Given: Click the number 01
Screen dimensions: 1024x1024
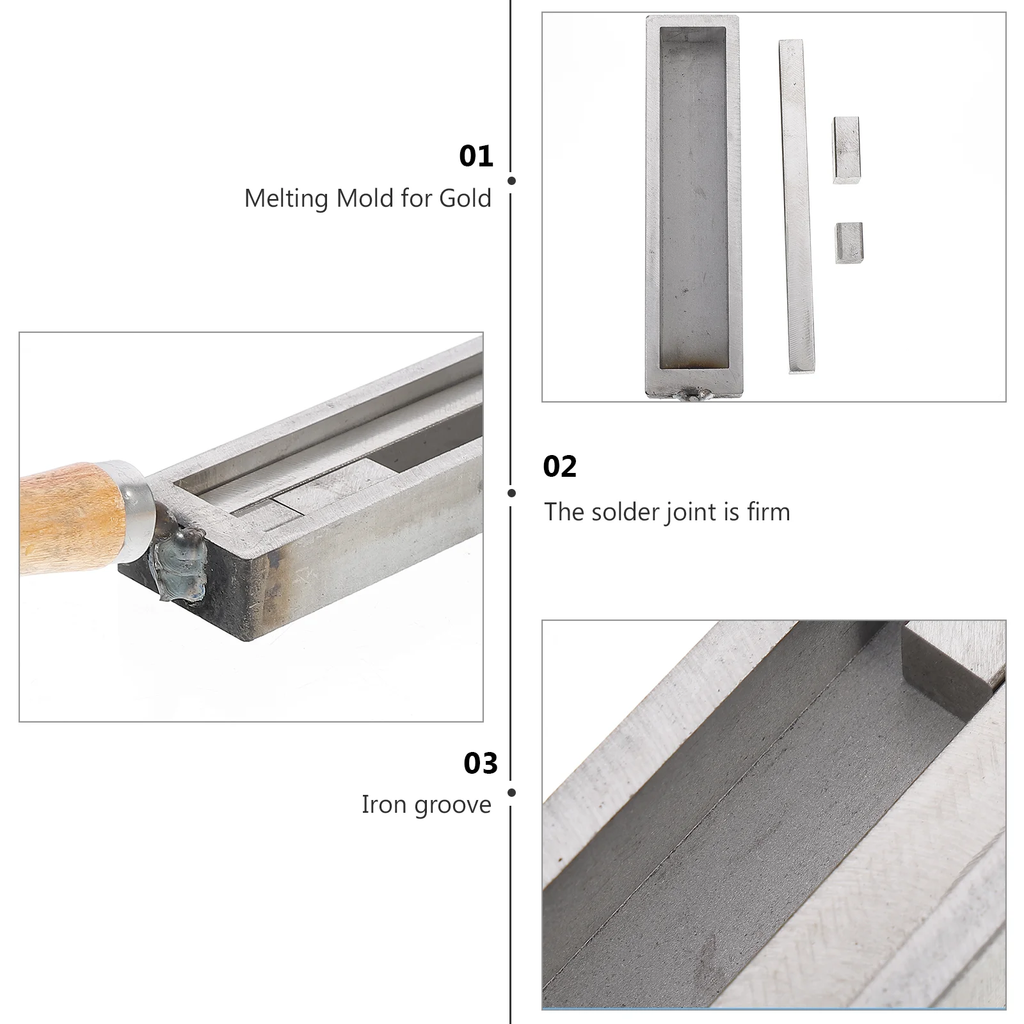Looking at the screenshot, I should click(476, 156).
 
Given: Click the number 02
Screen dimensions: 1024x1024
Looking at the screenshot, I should click(559, 467).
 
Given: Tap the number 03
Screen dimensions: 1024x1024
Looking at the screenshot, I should click(480, 764).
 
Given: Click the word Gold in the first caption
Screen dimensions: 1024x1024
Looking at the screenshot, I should click(465, 198).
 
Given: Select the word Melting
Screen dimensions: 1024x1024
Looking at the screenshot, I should click(286, 199).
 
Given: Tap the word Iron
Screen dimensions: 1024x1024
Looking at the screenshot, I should click(382, 804).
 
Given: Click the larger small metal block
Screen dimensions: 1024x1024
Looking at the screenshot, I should click(846, 150).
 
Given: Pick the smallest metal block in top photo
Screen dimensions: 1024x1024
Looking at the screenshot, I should click(849, 243).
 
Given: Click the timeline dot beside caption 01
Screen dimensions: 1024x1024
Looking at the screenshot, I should click(511, 180).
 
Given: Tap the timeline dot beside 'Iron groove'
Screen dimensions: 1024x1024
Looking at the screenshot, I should click(511, 792).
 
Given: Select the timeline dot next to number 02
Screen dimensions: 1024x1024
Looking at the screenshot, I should click(511, 493).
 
